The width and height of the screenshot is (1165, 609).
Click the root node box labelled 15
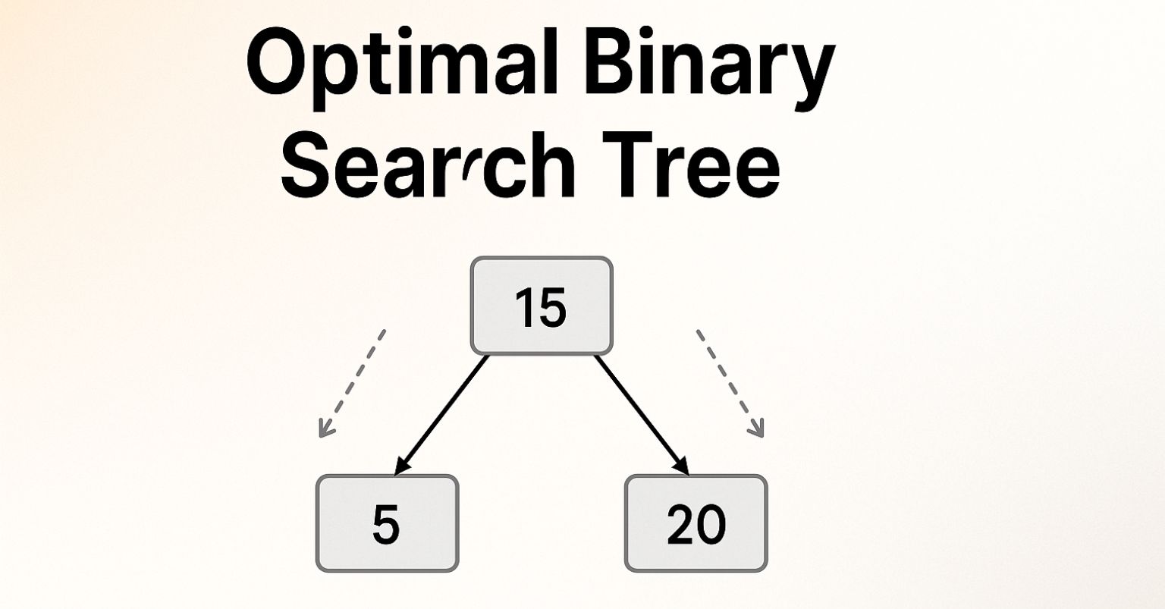pos(541,306)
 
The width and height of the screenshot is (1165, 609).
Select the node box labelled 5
pos(387,523)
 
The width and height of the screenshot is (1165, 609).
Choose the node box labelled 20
pos(696,523)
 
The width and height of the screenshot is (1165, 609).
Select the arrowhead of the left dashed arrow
pos(325,430)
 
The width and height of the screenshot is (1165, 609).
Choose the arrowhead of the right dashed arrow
pos(757,430)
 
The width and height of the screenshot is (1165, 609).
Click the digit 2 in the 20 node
pos(680,524)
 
